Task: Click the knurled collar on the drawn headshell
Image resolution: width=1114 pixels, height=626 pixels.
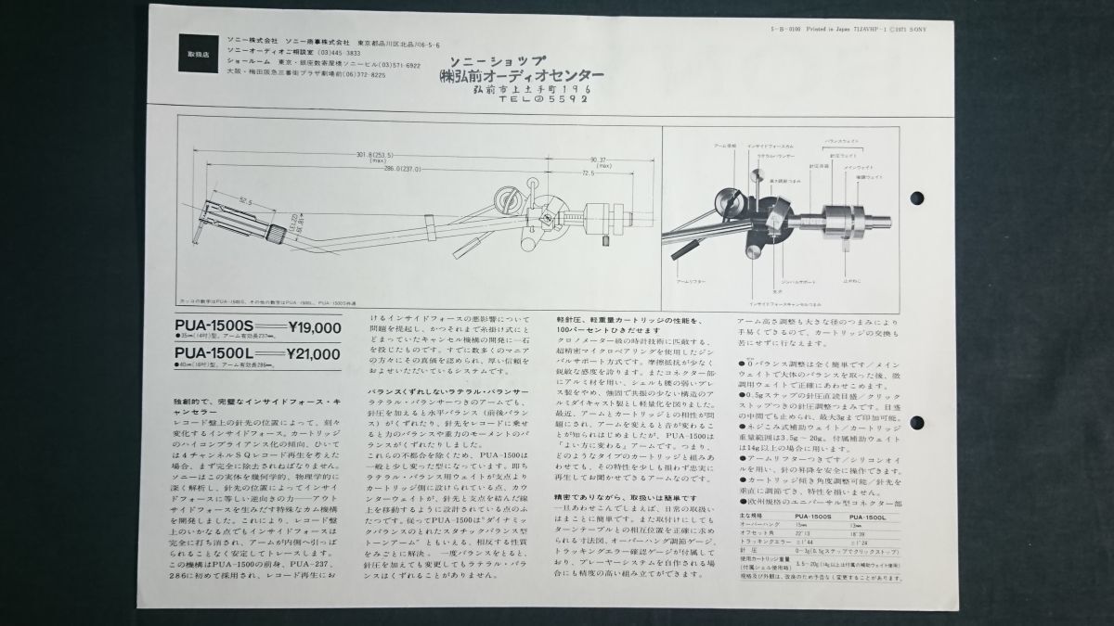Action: pyautogui.click(x=275, y=229)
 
